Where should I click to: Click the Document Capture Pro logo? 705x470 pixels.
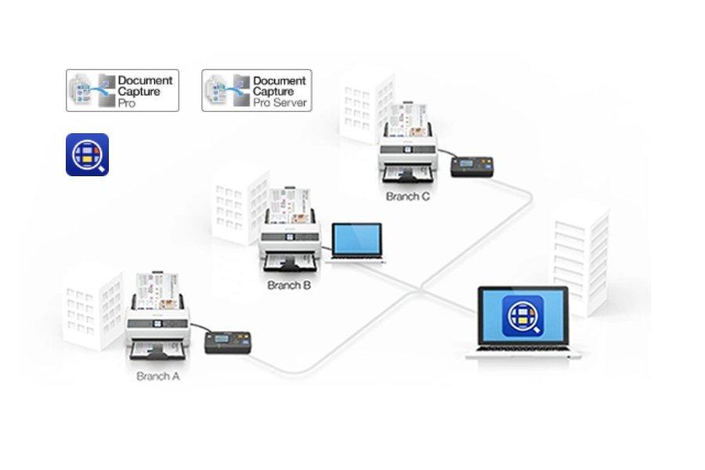122,90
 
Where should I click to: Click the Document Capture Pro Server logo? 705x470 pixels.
256,90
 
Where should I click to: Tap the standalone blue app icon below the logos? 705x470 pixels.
87,154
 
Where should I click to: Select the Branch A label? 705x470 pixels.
158,376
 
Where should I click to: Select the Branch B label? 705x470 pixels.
289,286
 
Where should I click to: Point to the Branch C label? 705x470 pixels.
407,197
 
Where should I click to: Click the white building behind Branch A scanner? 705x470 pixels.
92,309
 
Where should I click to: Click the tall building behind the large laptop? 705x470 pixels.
580,251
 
